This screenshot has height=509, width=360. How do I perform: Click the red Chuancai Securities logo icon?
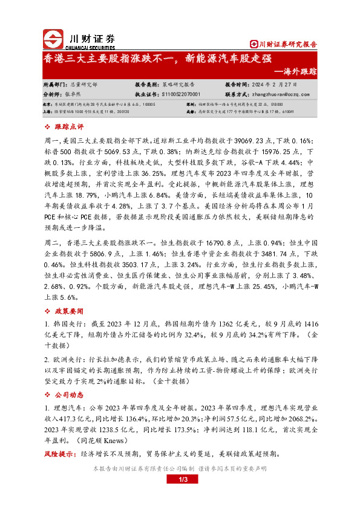[53, 39]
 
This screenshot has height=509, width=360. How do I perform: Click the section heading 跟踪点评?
[69, 127]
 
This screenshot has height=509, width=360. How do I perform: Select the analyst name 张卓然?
[71, 94]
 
